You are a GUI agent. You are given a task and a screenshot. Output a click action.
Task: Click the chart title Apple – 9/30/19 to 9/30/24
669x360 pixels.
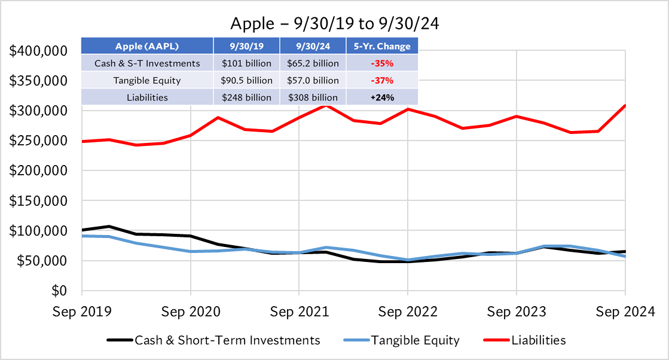(x=334, y=25)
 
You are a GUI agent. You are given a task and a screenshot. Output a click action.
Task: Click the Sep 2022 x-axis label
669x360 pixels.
(x=407, y=312)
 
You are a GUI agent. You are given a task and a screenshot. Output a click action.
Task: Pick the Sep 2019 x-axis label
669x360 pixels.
(x=81, y=312)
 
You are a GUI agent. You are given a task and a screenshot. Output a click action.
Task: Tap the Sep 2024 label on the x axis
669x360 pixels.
(x=625, y=312)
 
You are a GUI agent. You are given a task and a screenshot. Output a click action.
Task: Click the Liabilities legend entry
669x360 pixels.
(x=538, y=340)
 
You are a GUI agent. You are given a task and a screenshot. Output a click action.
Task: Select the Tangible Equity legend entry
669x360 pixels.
(x=415, y=340)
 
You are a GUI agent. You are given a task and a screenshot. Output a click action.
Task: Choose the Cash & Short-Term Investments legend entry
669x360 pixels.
(x=227, y=340)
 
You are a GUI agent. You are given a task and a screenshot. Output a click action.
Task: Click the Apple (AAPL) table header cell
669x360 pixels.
(x=147, y=46)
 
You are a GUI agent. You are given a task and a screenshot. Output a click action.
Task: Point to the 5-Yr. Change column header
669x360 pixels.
(x=383, y=46)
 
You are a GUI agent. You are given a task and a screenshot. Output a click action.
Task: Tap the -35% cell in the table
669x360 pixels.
(x=383, y=63)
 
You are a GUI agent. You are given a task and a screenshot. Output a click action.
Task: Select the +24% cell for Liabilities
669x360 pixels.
(x=383, y=97)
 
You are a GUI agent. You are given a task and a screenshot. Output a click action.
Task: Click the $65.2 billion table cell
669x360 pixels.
(x=313, y=63)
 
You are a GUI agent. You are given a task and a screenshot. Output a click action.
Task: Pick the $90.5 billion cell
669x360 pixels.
(x=247, y=80)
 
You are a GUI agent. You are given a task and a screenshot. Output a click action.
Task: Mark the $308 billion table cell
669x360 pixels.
(x=313, y=97)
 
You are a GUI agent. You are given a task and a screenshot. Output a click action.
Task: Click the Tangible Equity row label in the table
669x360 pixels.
(x=147, y=80)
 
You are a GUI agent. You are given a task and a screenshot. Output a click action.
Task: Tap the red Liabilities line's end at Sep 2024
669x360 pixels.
(x=625, y=106)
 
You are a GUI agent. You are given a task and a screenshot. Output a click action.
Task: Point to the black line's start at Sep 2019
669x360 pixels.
(x=82, y=230)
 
